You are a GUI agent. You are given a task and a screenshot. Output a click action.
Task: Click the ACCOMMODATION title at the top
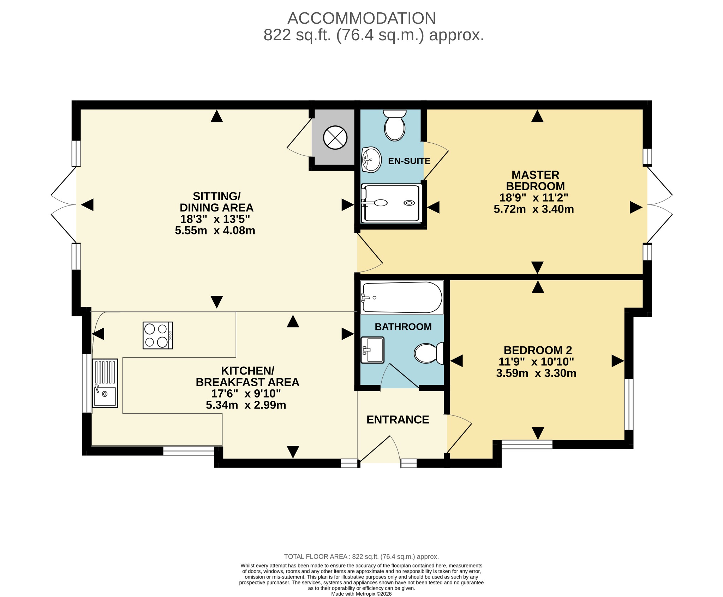tap(361, 18)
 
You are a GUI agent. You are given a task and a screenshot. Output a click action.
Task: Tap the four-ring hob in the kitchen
tap(158, 335)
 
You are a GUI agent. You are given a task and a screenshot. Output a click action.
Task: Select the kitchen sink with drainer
tap(105, 383)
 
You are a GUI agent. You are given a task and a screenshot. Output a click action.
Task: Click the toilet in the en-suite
tap(395, 125)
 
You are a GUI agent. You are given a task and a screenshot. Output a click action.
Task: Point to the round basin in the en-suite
tap(371, 160)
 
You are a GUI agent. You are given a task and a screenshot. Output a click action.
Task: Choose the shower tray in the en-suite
tap(391, 203)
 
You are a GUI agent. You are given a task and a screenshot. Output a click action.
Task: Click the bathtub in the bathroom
tap(402, 297)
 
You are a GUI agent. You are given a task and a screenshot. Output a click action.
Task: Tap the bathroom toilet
tap(429, 353)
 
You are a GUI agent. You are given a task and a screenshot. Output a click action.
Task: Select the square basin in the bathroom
tap(372, 350)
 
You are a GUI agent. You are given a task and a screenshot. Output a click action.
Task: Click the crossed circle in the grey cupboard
tap(335, 137)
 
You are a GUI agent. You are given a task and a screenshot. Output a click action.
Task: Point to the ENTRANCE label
tap(398, 419)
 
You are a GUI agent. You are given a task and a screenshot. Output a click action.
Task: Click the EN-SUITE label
tap(409, 161)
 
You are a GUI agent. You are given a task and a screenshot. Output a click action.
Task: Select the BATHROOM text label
tap(403, 327)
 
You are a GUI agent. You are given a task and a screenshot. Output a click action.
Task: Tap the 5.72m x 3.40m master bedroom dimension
tap(534, 209)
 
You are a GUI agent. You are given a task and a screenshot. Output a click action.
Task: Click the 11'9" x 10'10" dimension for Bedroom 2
tap(536, 362)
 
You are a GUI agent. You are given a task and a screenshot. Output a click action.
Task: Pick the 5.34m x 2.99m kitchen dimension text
tap(246, 405)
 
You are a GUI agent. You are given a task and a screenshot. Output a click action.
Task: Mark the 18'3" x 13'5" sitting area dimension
tap(215, 219)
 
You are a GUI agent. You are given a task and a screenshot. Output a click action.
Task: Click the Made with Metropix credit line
tap(361, 594)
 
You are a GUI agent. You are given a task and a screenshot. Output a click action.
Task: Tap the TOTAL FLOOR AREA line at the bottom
tap(361, 557)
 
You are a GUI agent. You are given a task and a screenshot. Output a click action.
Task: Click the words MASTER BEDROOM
tap(536, 180)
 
